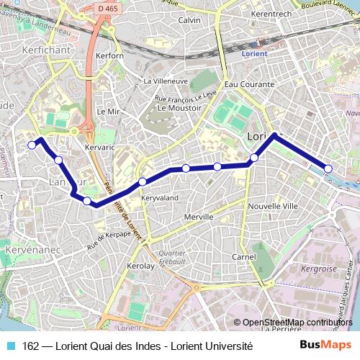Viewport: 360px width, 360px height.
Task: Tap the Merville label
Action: coord(198,217)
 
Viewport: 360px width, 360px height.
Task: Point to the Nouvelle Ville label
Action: coord(273,205)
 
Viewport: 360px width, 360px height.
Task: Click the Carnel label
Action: coord(244,257)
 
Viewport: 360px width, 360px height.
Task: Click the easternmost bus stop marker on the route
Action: coord(328,168)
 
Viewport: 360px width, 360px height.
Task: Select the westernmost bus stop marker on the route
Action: coord(32,145)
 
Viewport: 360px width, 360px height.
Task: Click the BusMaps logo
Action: coord(326,346)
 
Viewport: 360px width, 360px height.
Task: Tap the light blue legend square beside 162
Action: coord(9,346)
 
